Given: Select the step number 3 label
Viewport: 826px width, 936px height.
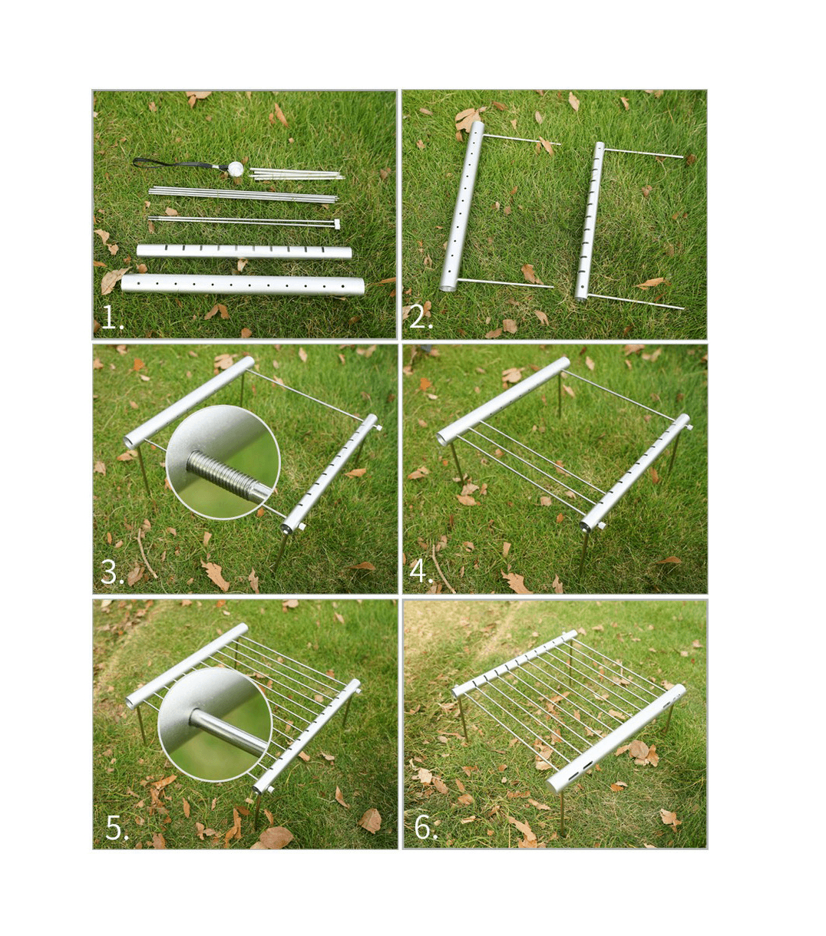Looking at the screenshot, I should point(112,572).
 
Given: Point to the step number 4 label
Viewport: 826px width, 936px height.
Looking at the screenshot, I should point(421,572).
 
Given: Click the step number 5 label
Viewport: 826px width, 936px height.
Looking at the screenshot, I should point(117,828).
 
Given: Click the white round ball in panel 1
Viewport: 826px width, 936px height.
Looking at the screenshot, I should point(236,168).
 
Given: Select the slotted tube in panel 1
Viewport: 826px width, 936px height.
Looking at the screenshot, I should point(243,252).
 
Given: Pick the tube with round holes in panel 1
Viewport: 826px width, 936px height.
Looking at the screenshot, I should point(242,284).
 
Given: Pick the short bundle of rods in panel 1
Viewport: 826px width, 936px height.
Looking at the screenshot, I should point(296,174).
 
